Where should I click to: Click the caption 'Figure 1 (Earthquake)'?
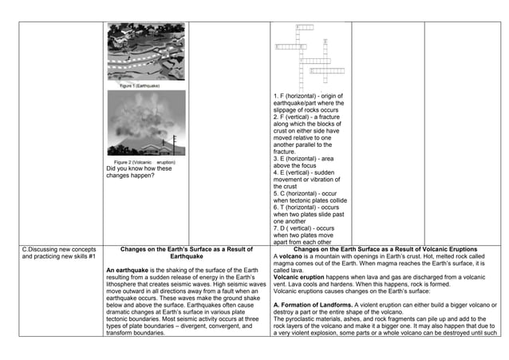point(140,85)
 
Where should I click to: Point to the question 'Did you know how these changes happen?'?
point(139,172)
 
